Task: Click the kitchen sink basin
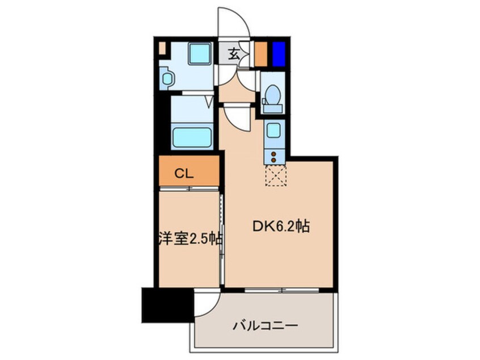[x=273, y=131]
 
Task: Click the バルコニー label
[x=265, y=326]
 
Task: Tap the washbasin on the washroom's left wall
[x=166, y=78]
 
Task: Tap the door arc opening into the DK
[x=237, y=118]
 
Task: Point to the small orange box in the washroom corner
[x=162, y=48]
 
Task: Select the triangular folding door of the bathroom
[x=208, y=102]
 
